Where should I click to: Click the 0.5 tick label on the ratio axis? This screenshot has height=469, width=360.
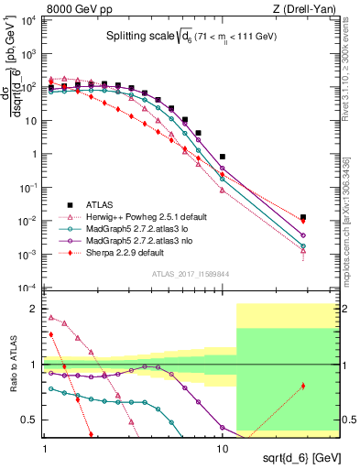[x=30, y=420]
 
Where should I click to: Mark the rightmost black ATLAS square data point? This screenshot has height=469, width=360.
[x=303, y=217]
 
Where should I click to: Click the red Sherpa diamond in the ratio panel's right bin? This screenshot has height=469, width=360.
[x=303, y=386]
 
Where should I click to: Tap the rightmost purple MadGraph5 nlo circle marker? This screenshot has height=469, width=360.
[x=303, y=235]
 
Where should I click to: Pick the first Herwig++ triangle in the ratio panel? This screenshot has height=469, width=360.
[x=51, y=318]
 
